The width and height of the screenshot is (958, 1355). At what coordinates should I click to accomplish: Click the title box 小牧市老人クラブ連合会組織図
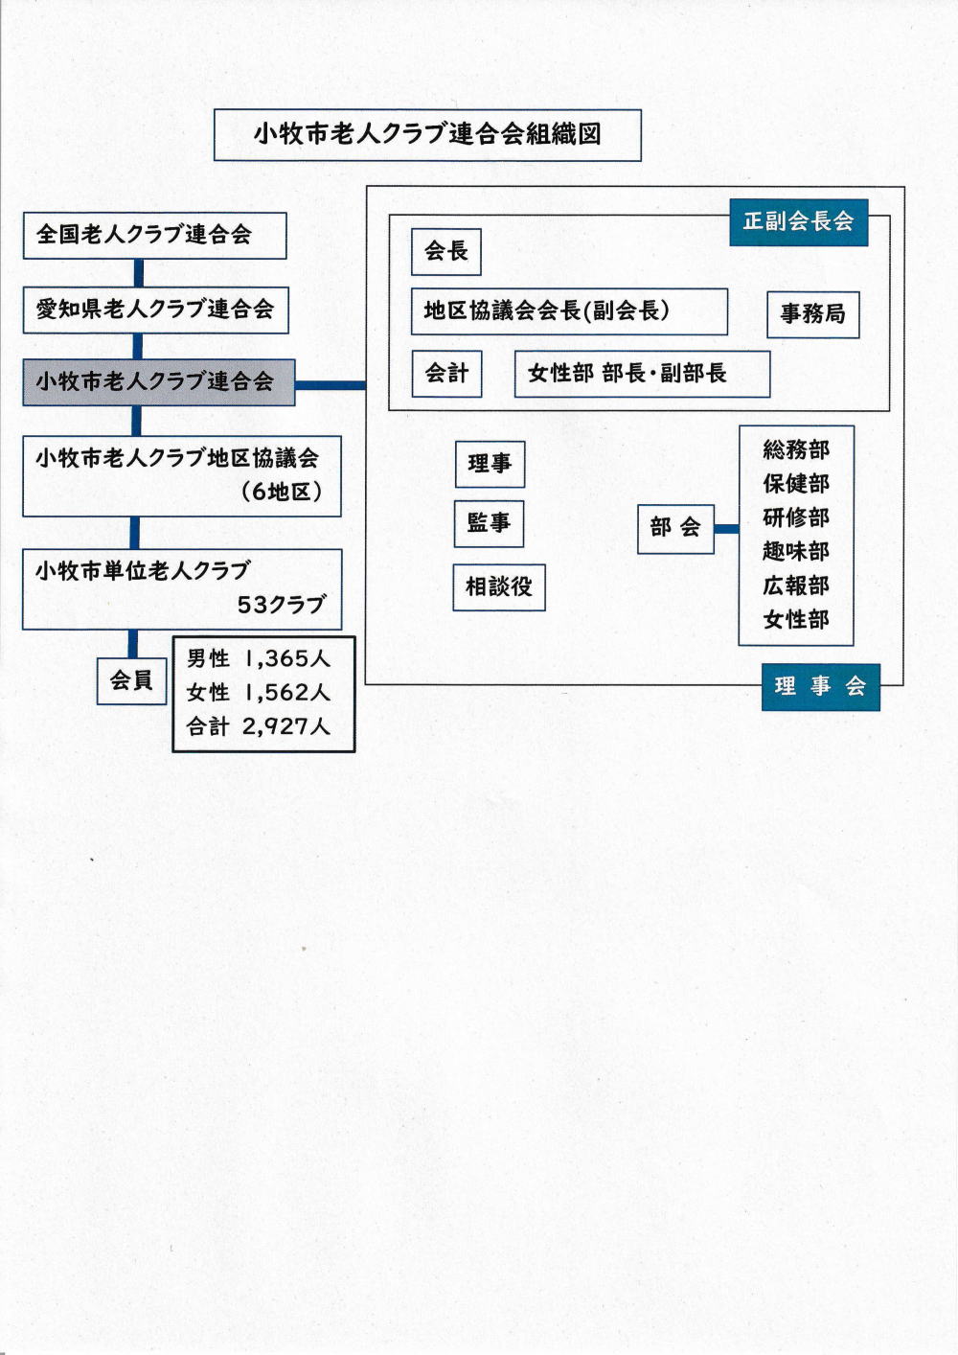427,135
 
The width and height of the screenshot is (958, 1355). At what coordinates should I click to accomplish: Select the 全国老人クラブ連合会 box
155,236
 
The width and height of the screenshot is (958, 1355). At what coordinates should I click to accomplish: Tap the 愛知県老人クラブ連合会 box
155,310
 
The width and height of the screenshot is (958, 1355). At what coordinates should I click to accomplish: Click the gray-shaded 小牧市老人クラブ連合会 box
158,382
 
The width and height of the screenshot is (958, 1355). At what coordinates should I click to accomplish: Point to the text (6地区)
282,492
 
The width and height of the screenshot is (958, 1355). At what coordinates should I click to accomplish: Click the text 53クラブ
282,605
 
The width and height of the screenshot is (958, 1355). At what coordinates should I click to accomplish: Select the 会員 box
132,681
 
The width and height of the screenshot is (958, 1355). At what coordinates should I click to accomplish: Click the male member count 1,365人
285,658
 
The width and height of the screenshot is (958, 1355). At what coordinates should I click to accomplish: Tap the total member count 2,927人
285,726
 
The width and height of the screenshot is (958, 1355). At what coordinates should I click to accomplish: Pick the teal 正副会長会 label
798,222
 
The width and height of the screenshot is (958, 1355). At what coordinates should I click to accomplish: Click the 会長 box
446,252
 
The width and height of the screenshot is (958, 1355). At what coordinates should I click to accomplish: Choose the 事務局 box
812,314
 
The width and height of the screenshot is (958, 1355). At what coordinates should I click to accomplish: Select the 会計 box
447,373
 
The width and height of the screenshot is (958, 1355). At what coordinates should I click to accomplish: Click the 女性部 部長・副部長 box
642,374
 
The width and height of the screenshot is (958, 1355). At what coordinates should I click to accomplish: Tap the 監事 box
489,524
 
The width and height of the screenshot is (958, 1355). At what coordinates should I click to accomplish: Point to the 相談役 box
499,587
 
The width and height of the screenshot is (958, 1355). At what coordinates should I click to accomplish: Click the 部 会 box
675,529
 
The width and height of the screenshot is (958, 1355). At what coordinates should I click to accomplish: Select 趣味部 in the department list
795,552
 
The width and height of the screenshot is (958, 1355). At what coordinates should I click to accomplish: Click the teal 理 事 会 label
821,687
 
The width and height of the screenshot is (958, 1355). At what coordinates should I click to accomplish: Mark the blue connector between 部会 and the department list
726,529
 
